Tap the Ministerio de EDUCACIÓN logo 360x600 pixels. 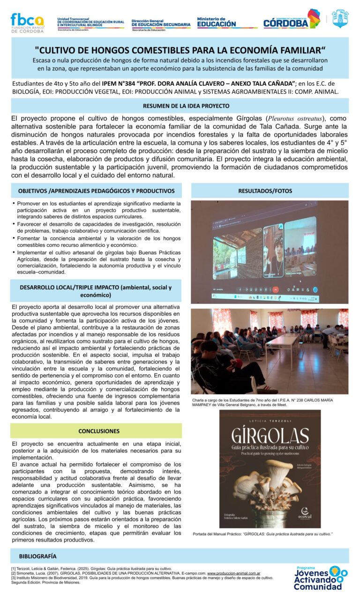pyautogui.click(x=217, y=22)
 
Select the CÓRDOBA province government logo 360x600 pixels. pyautogui.click(x=291, y=21)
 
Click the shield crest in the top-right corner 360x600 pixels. pyautogui.click(x=340, y=19)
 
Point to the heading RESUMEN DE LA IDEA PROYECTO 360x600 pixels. pyautogui.click(x=180, y=106)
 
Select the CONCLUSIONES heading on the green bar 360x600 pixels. pyautogui.click(x=99, y=431)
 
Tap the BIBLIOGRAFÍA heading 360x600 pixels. pyautogui.click(x=38, y=556)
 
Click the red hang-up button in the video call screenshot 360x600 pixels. pyautogui.click(x=276, y=289)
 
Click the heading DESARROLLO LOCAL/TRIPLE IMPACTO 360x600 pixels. pyautogui.click(x=96, y=291)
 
